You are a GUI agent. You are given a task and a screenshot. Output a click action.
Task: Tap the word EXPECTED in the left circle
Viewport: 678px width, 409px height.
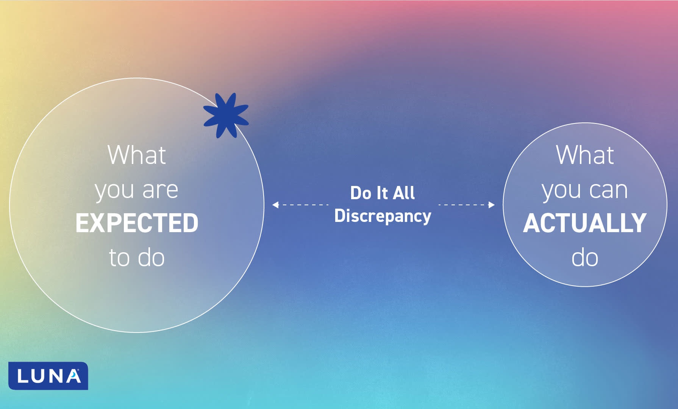click(x=137, y=223)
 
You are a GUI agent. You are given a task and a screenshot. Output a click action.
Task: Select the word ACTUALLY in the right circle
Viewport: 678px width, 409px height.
click(x=584, y=223)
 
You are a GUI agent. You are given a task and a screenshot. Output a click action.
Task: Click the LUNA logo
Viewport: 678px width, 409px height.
click(x=48, y=376)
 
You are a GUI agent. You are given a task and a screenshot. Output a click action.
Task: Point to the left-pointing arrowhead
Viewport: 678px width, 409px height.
click(x=275, y=205)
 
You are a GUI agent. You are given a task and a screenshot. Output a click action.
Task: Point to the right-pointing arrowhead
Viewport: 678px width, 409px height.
click(x=492, y=205)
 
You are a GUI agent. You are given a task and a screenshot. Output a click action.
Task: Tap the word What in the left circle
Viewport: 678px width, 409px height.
click(x=137, y=155)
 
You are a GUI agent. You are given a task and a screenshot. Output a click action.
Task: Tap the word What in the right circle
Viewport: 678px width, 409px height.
click(x=585, y=155)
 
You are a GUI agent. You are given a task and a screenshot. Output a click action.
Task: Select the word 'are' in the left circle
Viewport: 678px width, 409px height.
click(x=160, y=190)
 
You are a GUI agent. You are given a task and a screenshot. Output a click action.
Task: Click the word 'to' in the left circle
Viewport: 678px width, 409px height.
click(x=119, y=258)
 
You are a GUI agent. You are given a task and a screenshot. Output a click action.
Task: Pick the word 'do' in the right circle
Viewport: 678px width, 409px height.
click(x=585, y=258)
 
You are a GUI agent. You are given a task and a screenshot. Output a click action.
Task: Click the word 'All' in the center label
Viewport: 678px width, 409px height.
click(x=404, y=193)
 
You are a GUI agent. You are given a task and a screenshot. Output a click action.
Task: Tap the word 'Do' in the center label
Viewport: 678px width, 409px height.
click(x=361, y=193)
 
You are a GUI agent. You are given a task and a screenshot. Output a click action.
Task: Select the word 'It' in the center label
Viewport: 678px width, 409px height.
click(x=382, y=193)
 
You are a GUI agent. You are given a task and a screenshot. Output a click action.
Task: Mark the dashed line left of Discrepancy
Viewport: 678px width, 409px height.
click(x=303, y=205)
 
